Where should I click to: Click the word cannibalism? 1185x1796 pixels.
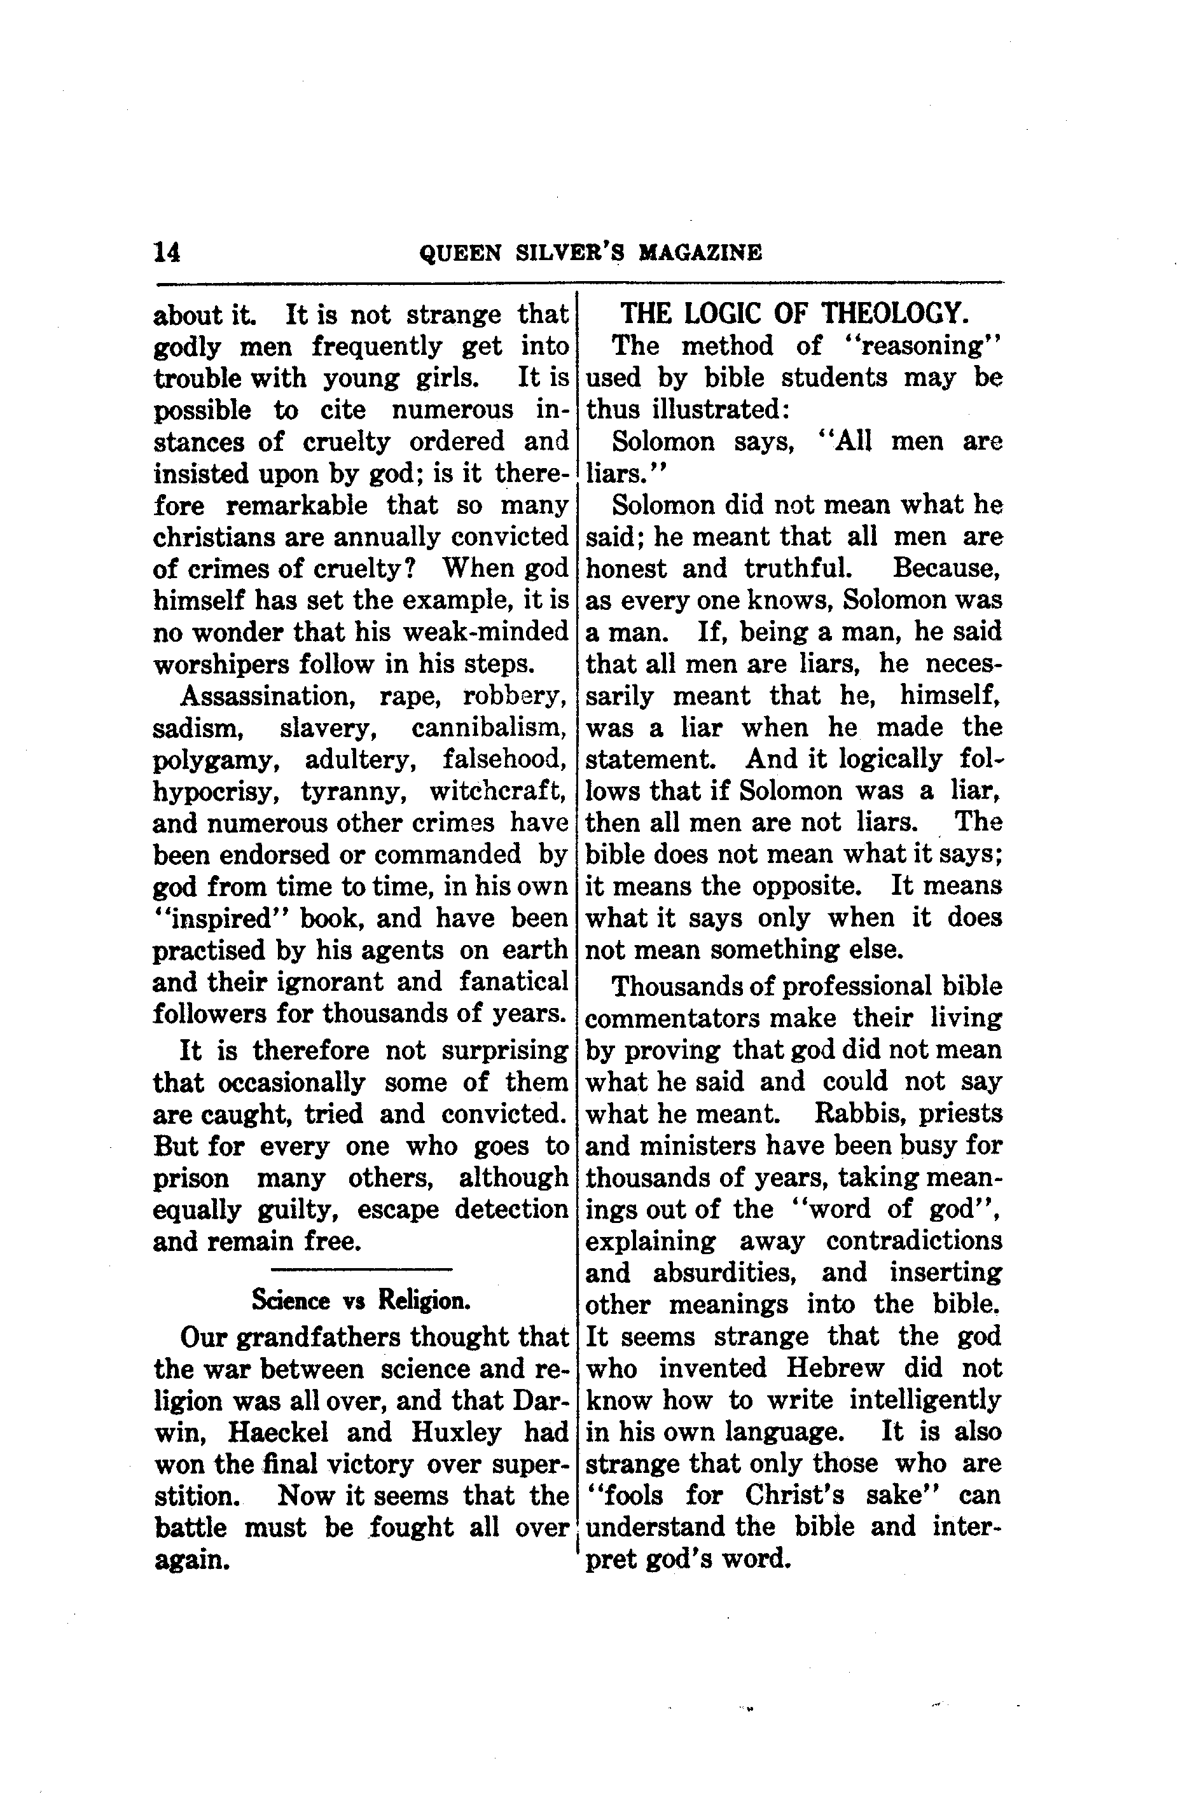pos(489,728)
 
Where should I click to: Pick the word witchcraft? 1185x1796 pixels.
pos(498,791)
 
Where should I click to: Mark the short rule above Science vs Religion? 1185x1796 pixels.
pos(361,1269)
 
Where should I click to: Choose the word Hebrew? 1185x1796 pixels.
pos(835,1369)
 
